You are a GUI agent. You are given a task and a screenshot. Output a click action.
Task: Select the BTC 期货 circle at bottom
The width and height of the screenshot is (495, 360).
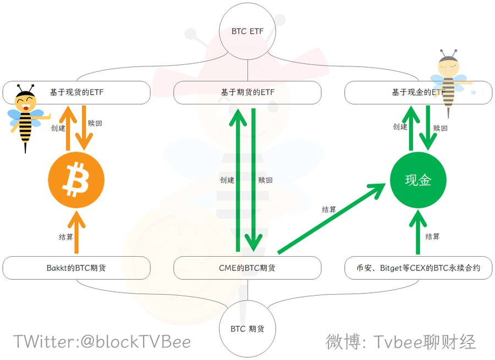coord(248,328)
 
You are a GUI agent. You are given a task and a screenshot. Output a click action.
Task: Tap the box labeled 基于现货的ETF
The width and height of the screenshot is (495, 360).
coord(76,92)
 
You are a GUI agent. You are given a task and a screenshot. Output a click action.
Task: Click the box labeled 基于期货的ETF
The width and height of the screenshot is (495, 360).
coord(248,92)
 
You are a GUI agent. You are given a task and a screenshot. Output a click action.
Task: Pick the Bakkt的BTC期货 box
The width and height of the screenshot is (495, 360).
coord(76,268)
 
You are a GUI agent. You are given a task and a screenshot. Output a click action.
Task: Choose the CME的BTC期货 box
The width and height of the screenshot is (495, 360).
coord(248,268)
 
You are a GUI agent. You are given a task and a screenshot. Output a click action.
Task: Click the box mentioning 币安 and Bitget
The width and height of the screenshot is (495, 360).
coord(419,268)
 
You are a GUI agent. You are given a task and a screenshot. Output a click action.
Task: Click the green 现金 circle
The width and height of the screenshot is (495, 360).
coord(418,180)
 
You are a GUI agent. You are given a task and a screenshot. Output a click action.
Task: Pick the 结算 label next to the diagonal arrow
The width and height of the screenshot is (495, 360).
coord(329,209)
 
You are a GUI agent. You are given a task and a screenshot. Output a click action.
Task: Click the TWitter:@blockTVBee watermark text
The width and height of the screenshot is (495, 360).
coord(102,342)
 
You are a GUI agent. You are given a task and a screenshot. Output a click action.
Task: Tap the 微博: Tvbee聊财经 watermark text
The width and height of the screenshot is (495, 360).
coord(400,342)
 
